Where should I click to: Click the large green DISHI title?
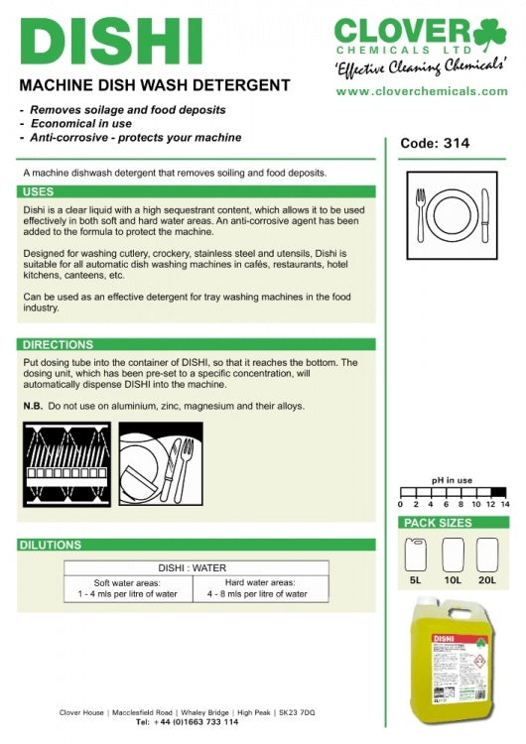pos(111,42)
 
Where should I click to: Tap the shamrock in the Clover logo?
pos(489,34)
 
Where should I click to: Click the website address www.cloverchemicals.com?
pos(422,91)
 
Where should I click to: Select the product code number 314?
pos(457,143)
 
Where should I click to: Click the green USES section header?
pos(197,191)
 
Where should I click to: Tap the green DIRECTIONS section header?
pos(197,344)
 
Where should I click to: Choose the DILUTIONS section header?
pos(197,545)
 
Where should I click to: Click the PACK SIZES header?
pos(454,523)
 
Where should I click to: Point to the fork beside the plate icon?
pos(421,215)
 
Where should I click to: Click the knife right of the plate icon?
pos(484,215)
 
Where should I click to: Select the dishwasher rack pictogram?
pos(66,464)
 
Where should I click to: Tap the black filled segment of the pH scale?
pos(498,492)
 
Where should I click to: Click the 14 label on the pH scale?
pos(505,504)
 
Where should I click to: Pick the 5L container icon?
pos(416,555)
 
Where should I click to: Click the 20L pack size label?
pos(487,580)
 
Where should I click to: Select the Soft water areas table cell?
pos(128,588)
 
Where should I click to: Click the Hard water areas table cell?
pos(261,588)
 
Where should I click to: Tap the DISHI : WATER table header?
pos(193,568)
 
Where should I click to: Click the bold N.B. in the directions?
pos(33,406)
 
